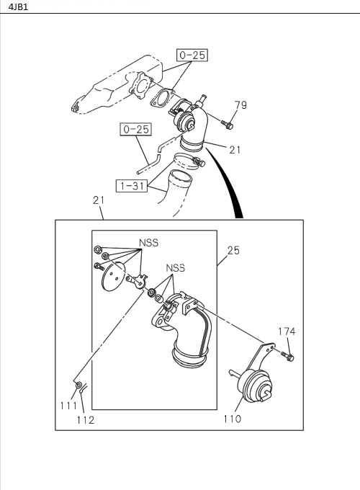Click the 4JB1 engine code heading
pyautogui.click(x=19, y=6)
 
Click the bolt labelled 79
pyautogui.click(x=227, y=125)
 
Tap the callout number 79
pyautogui.click(x=240, y=105)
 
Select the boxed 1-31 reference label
pyautogui.click(x=132, y=186)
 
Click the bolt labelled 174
pyautogui.click(x=287, y=356)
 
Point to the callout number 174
pyautogui.click(x=287, y=331)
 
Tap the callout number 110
pyautogui.click(x=233, y=419)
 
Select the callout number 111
pyautogui.click(x=68, y=406)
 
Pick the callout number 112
pyautogui.click(x=86, y=420)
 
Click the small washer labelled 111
pyautogui.click(x=79, y=384)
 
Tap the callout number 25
pyautogui.click(x=233, y=250)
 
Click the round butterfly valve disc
pyautogui.click(x=113, y=276)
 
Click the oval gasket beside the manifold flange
pyautogui.click(x=162, y=98)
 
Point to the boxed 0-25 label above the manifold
pyautogui.click(x=192, y=55)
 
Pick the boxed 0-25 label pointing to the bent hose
pyautogui.click(x=136, y=129)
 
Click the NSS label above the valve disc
pyautogui.click(x=148, y=243)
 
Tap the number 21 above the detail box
pyautogui.click(x=99, y=200)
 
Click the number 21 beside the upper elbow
pyautogui.click(x=235, y=150)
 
